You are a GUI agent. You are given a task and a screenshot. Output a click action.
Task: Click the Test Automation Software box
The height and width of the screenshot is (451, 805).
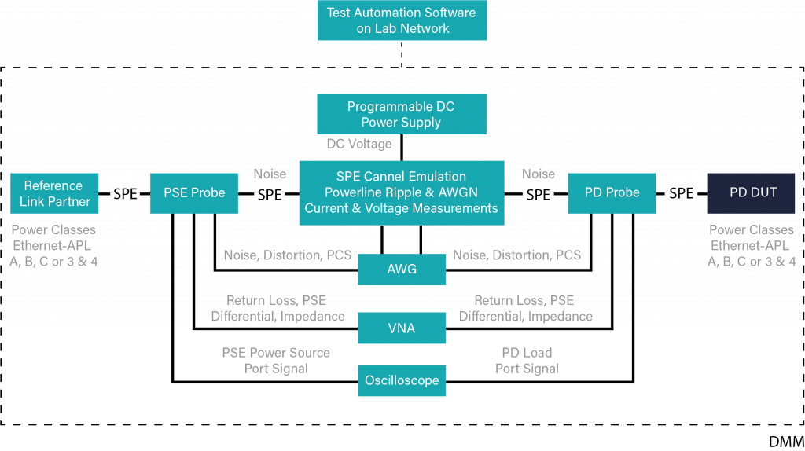(402, 20)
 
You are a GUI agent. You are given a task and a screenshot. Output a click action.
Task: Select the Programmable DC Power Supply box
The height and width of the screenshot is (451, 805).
(402, 115)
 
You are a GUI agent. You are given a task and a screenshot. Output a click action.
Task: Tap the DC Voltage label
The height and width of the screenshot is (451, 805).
(358, 145)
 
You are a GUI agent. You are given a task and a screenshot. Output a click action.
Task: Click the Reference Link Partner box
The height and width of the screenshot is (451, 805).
(54, 193)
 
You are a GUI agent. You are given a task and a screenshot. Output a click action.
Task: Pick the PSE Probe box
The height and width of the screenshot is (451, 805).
(194, 193)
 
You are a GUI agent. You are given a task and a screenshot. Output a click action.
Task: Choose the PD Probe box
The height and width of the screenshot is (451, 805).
(612, 193)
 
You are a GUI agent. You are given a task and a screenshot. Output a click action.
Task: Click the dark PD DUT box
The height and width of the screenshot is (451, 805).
(752, 193)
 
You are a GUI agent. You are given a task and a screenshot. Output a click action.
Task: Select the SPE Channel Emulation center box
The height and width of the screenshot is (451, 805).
(402, 192)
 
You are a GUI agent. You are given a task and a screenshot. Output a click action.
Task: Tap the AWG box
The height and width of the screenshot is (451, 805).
(402, 269)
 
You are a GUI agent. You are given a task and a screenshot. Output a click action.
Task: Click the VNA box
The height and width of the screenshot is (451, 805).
(402, 328)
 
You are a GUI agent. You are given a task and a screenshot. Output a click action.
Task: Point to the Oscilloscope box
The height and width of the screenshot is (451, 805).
(402, 380)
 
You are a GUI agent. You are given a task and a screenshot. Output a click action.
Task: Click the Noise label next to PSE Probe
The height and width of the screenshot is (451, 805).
(270, 174)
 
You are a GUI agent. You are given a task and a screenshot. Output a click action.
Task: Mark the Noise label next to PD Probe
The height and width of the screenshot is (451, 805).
(539, 174)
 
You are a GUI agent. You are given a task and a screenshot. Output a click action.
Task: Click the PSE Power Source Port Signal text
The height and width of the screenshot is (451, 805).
(276, 361)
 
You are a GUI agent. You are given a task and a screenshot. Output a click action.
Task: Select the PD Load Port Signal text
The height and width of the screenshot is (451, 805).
(527, 361)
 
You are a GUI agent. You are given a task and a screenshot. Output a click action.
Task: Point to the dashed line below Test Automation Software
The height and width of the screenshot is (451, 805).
(402, 55)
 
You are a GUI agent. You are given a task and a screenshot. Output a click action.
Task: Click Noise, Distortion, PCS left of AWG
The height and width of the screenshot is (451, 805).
(287, 255)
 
